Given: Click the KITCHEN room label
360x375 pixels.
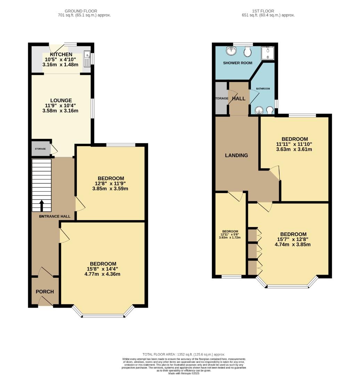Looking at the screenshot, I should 61,55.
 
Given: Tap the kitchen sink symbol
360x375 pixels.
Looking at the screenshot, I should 87,59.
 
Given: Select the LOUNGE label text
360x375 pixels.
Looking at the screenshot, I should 60,100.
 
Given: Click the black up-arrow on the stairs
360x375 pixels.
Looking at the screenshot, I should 42,206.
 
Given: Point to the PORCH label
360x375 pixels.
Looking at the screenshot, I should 45,292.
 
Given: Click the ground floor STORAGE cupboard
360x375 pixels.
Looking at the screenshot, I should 40,149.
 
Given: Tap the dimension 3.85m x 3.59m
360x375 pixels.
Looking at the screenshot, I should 110,189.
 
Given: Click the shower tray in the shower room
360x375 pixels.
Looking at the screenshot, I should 268,52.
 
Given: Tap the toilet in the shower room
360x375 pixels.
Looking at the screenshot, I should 247,52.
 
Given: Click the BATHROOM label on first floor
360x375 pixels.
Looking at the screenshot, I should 263,89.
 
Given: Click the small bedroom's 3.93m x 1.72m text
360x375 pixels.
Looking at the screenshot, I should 230,237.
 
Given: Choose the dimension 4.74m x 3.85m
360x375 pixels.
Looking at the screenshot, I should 293,244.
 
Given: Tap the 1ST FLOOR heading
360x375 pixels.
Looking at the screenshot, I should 268,11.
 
